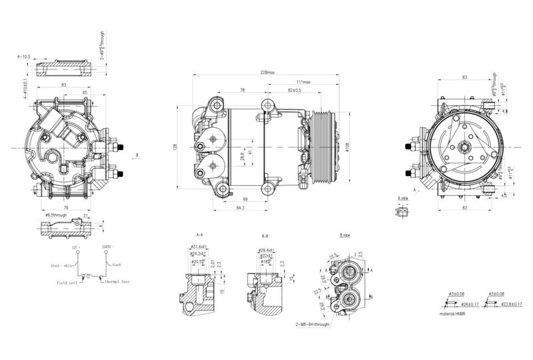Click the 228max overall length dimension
(x=270, y=73)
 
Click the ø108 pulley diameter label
(x=348, y=147)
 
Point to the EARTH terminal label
(x=109, y=247)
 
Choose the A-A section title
(x=200, y=235)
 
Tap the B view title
(x=345, y=235)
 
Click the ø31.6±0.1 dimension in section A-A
(x=200, y=248)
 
